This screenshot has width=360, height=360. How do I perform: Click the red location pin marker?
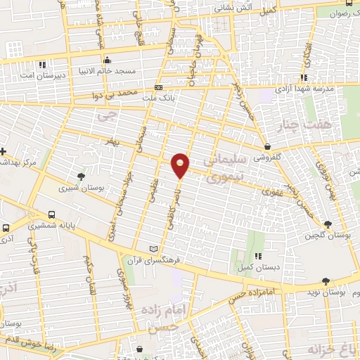pyautogui.click(x=181, y=165)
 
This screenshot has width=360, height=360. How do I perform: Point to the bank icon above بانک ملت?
pyautogui.click(x=158, y=87)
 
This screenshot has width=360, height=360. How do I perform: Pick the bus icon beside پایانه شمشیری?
pyautogui.click(x=51, y=214)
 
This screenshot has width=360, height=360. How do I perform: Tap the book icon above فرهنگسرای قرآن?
pyautogui.click(x=154, y=249)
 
